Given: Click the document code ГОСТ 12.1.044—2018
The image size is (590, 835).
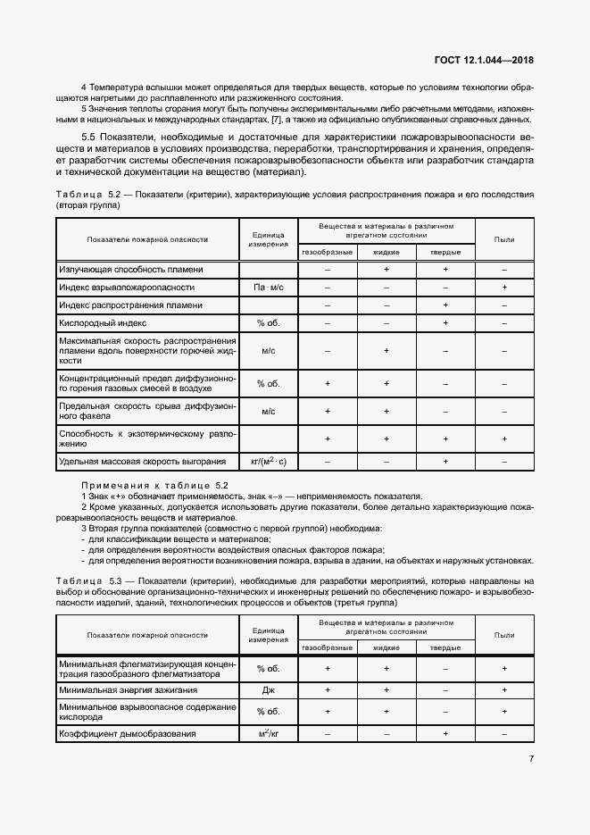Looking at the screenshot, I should pos(481,61).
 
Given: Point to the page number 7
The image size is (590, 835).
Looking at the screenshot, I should pos(530,759).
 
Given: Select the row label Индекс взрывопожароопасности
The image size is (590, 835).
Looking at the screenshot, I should pos(127,288).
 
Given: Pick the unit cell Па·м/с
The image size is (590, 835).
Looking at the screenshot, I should pos(268,288).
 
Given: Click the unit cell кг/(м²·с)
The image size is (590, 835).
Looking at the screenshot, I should pos(268,462).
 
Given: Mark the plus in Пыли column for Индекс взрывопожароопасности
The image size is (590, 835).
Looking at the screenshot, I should pos(504,288).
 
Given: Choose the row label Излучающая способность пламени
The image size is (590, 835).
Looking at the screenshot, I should pos(131,269).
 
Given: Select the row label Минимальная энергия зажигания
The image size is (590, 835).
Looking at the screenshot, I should pos(128,690).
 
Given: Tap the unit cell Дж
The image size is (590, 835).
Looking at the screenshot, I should pos(268,690).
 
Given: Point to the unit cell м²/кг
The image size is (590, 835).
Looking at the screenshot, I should pos(268,733).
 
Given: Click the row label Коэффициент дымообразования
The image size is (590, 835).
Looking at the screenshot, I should pos(127,733).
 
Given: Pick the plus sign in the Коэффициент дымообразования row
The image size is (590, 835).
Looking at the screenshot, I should pos(445,733).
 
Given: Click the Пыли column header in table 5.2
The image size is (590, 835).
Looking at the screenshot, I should pos(504,238).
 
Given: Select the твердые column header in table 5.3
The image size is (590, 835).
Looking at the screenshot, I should pos(445,647).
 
